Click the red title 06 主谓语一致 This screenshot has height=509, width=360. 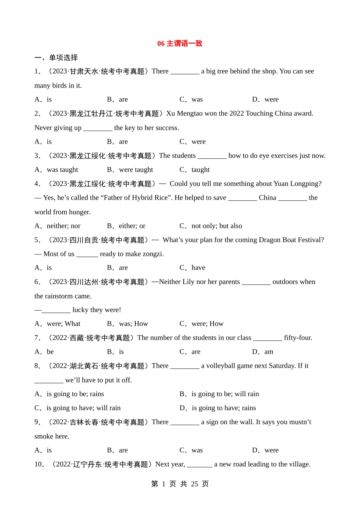[180, 44]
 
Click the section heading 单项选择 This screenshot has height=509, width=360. [63, 58]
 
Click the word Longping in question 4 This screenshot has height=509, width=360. [305, 184]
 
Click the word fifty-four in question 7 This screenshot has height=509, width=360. [298, 338]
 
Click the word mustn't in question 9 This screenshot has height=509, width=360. [299, 422]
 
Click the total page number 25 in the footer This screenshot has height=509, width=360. [194, 484]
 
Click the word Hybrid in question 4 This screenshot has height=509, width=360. [144, 198]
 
